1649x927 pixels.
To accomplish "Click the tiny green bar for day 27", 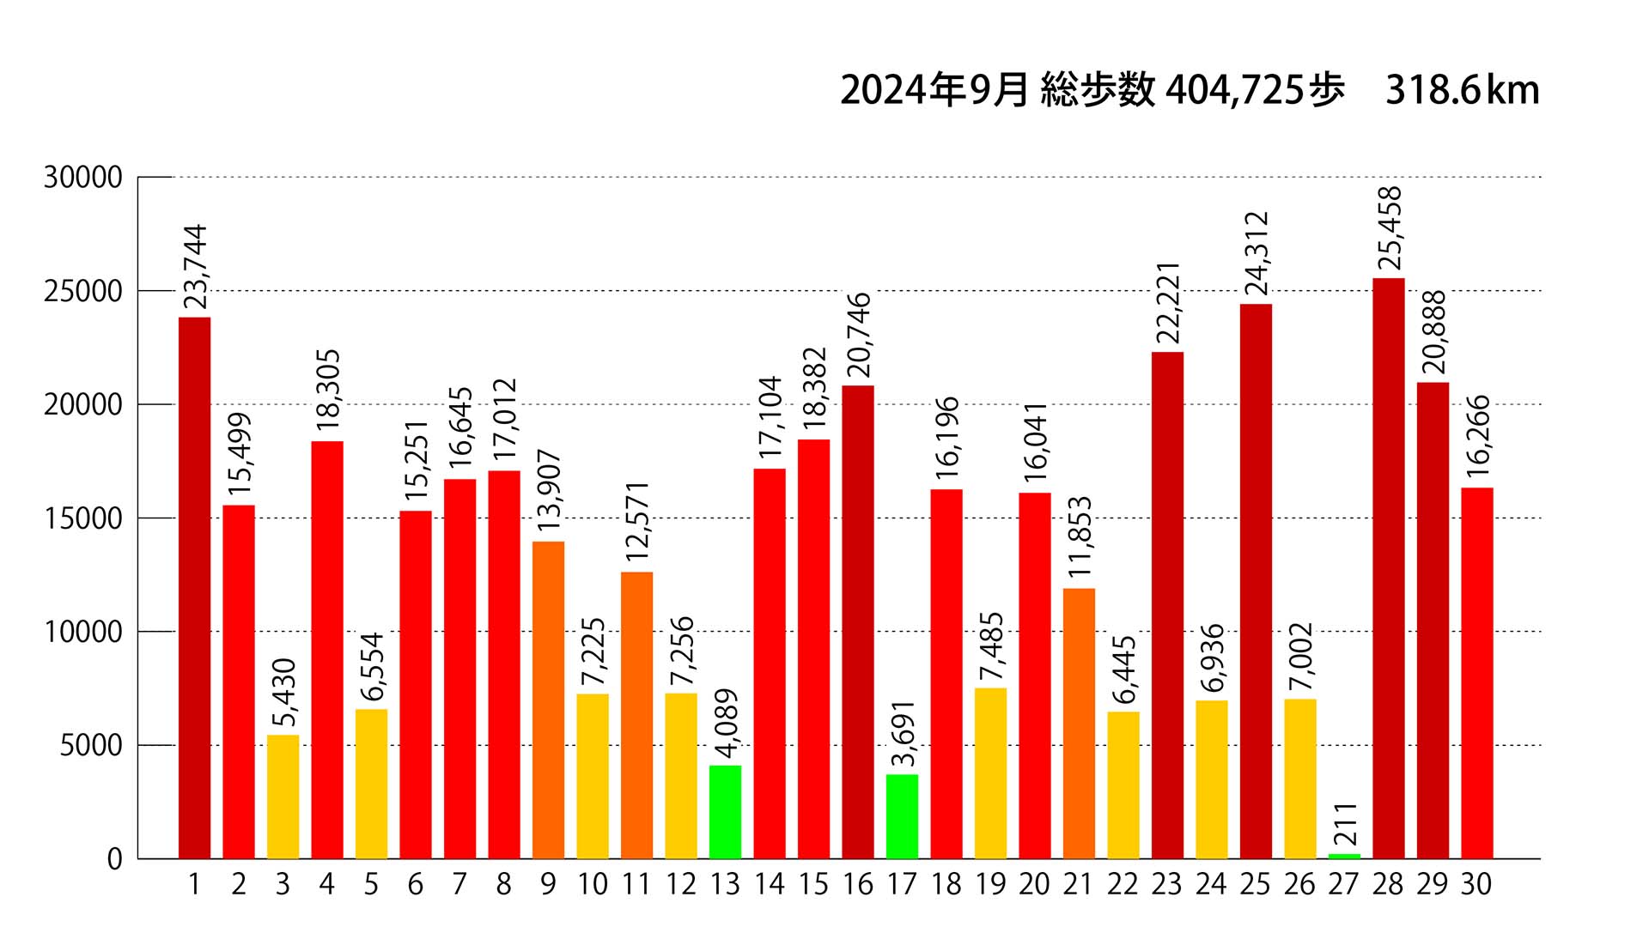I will point(1344,856).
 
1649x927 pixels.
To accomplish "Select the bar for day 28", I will point(1389,568).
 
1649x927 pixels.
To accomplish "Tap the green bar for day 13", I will point(725,812).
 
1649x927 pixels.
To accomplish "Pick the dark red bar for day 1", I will point(194,588).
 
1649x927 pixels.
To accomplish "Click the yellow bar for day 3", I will point(283,797).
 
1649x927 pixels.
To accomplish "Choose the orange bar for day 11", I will point(636,715).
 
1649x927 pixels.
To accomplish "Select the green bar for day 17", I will point(902,816).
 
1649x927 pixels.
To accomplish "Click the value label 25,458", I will point(1389,228).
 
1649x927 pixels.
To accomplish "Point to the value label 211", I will point(1345,824).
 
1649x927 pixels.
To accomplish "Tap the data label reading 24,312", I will point(1256,254).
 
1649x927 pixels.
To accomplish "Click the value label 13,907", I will point(548,490).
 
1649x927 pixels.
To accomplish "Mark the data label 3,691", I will point(903,733).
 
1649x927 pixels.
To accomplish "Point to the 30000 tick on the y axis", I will point(83,178).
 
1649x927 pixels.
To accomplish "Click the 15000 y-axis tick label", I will point(83,518).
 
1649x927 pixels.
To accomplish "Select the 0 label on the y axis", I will point(115,859).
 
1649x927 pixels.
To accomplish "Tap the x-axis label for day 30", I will point(1476,884).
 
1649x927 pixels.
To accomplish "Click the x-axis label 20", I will point(1034,884).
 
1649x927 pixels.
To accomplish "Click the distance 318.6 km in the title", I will point(1462,91).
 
